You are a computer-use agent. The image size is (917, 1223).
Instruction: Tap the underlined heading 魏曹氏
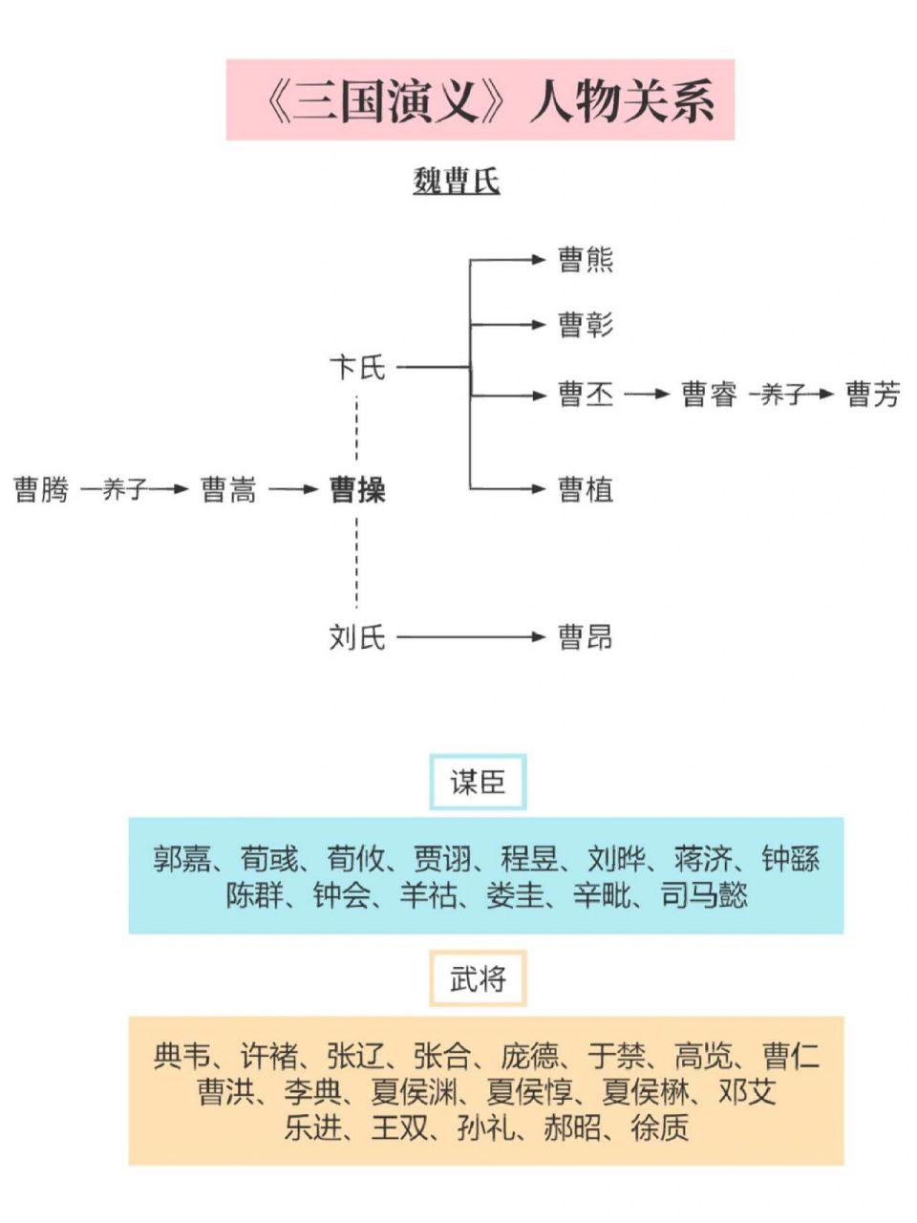[x=457, y=182]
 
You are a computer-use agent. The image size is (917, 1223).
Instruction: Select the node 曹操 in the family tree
[x=357, y=490]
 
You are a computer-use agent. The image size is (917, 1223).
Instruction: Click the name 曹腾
[x=42, y=490]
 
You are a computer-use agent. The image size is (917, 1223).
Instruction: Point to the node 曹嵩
[x=229, y=490]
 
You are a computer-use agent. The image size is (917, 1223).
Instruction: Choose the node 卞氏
[x=357, y=367]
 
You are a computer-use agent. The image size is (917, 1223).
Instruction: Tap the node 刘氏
[x=357, y=637]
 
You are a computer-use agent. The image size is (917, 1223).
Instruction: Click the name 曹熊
[x=586, y=260]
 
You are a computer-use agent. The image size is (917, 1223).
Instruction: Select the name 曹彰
[x=586, y=325]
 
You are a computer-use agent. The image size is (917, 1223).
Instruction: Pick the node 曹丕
[x=586, y=395]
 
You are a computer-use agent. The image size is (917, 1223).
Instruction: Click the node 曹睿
[x=709, y=395]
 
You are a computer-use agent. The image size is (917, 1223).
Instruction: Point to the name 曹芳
[x=873, y=395]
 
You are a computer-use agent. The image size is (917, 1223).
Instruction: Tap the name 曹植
[x=586, y=490]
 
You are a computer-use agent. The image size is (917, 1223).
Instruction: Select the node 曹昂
[x=586, y=637]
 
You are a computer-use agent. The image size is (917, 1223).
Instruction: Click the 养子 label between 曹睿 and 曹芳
[x=783, y=395]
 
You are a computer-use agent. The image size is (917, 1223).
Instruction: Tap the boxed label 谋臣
[x=478, y=783]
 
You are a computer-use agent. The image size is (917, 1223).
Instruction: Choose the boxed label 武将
[x=478, y=978]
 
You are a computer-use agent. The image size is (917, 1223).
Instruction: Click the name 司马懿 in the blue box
[x=704, y=895]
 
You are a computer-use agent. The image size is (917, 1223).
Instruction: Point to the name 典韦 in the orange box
[x=181, y=1056]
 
